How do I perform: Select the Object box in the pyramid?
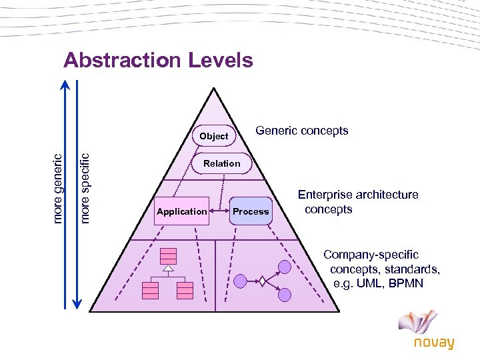(x=213, y=136)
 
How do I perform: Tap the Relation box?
(x=222, y=163)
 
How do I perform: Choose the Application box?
(x=181, y=211)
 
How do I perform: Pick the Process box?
(x=251, y=211)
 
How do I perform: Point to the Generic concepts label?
(x=302, y=131)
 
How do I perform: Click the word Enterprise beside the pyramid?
(x=325, y=195)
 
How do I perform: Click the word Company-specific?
(x=371, y=255)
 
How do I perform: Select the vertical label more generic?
(x=58, y=189)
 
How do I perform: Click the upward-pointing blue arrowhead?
(x=65, y=86)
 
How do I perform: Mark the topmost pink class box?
(x=168, y=255)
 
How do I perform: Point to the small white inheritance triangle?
(x=168, y=269)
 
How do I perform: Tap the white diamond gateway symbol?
(x=263, y=281)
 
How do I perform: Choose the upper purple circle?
(x=285, y=267)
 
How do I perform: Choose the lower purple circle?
(x=285, y=295)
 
